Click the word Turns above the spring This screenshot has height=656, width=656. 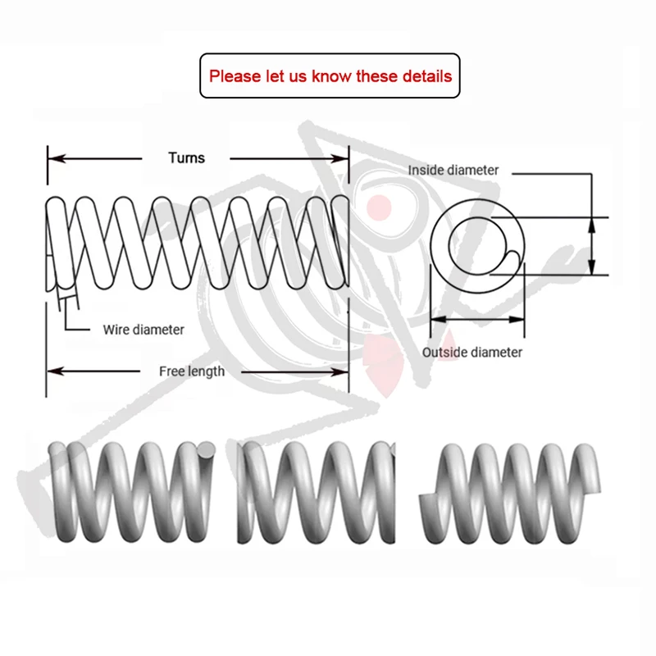[x=186, y=157]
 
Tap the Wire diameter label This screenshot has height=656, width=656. [x=143, y=330]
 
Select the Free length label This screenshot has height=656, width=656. [x=192, y=371]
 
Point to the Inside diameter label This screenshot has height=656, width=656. [x=453, y=170]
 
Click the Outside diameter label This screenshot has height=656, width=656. [x=472, y=353]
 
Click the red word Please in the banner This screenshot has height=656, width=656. [x=233, y=76]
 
